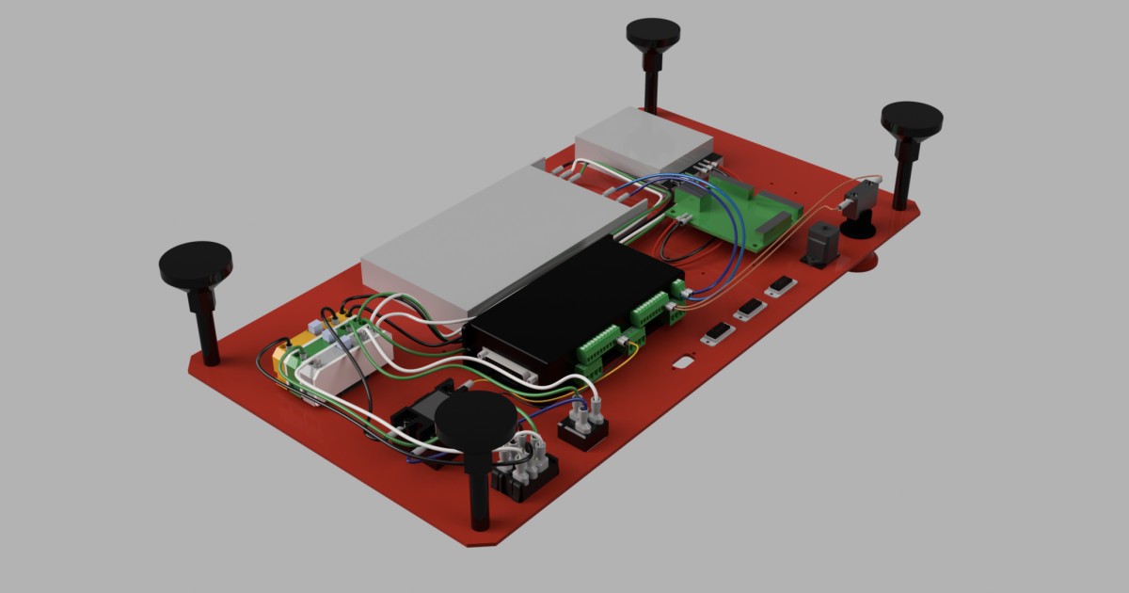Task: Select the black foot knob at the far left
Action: pos(196,263)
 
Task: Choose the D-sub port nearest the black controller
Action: pos(717,333)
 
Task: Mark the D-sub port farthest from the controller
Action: pos(781,285)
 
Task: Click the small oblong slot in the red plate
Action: pos(683,361)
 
